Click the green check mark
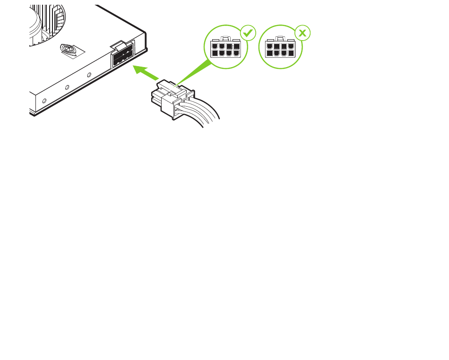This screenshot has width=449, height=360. pyautogui.click(x=247, y=33)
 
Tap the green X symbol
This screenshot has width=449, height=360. pyautogui.click(x=302, y=33)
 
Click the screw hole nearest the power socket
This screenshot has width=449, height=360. pyautogui.click(x=89, y=74)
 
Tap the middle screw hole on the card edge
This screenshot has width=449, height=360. pyautogui.click(x=67, y=87)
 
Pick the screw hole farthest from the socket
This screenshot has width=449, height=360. pyautogui.click(x=44, y=101)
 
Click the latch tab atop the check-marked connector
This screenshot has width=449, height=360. pyautogui.click(x=226, y=39)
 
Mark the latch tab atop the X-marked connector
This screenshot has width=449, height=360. pyautogui.click(x=280, y=39)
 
